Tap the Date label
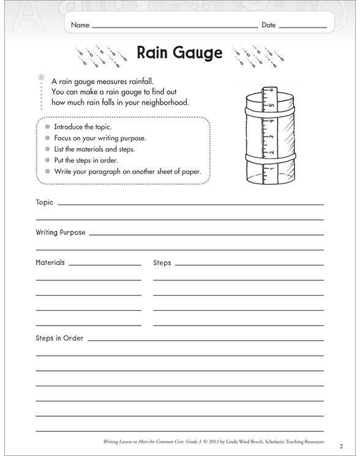[268, 26]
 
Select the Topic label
[45, 202]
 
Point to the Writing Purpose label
[61, 233]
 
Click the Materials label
[50, 263]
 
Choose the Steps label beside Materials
[162, 263]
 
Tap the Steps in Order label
[59, 338]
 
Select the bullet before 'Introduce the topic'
[47, 127]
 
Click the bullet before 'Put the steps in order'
[47, 160]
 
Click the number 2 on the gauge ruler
[271, 152]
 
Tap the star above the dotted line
[42, 77]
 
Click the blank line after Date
[303, 28]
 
